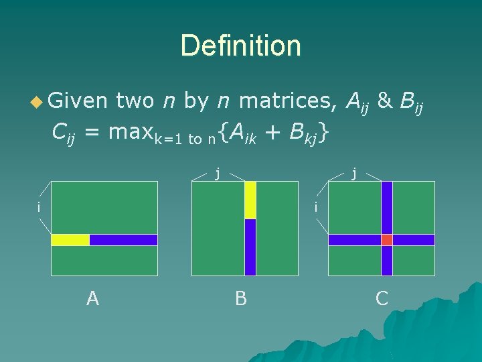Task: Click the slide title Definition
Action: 240,46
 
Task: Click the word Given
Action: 79,101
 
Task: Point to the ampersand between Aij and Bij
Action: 384,101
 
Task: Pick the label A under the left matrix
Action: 92,298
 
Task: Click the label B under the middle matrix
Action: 241,298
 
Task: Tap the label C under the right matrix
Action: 382,298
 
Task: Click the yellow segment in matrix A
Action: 70,240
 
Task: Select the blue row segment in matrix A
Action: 123,240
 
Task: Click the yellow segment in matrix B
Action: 250,200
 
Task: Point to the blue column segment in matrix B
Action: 250,247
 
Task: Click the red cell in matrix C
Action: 387,240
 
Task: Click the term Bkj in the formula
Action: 303,134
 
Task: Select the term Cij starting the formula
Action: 63,134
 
